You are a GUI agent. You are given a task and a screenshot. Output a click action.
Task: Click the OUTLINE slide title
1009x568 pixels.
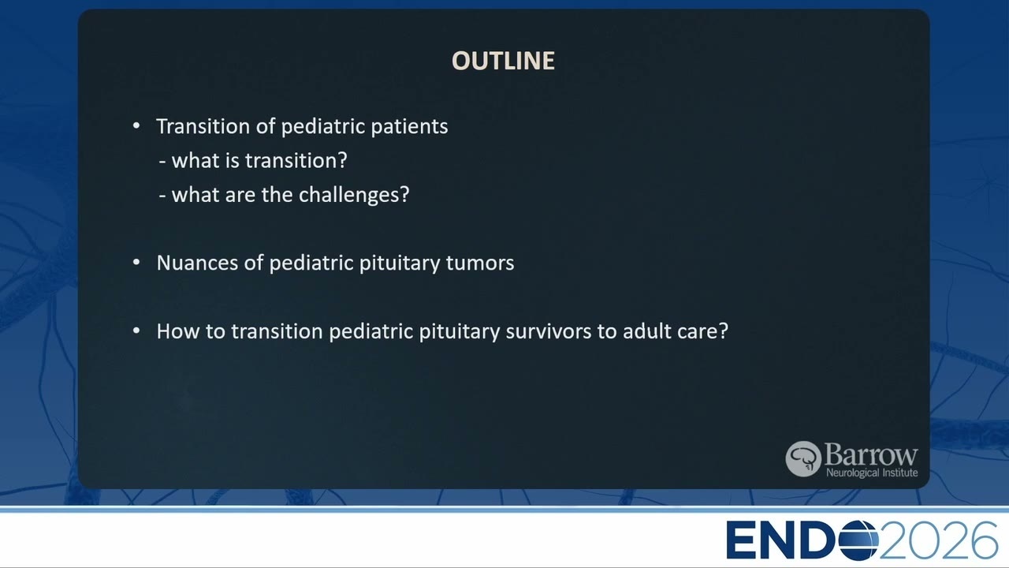(x=503, y=61)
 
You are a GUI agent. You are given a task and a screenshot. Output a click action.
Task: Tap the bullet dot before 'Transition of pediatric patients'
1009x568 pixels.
(x=136, y=125)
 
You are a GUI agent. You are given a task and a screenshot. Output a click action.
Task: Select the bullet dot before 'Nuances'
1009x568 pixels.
(x=136, y=263)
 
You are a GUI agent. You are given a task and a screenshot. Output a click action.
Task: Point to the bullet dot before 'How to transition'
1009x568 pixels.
(x=136, y=331)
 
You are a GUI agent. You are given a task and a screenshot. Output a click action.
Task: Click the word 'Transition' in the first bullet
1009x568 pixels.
(x=203, y=125)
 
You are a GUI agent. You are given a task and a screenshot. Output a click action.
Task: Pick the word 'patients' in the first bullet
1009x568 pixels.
(x=409, y=127)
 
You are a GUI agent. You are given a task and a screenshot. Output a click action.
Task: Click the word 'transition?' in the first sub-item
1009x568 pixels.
(x=296, y=160)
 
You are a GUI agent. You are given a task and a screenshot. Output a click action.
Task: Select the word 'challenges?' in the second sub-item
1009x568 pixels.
(x=354, y=195)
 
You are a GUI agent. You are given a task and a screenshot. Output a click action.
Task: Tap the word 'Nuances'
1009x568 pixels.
(x=197, y=263)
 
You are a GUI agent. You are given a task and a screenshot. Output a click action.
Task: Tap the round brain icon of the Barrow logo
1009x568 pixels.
(x=803, y=459)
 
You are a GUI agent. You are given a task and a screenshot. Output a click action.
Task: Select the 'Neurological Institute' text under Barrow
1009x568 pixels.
(x=872, y=473)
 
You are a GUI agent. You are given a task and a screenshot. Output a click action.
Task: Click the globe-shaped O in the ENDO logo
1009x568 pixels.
(x=858, y=540)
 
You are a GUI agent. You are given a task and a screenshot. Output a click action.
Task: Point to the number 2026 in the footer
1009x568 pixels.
(x=938, y=540)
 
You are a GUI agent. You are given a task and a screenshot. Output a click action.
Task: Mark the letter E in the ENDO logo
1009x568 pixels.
(x=742, y=540)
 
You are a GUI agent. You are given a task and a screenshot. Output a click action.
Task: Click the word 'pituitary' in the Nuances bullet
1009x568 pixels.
(x=400, y=263)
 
